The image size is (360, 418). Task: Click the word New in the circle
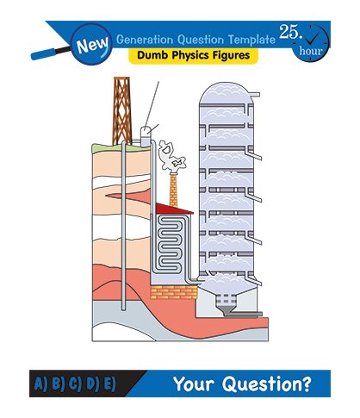(92, 45)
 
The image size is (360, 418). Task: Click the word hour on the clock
(311, 51)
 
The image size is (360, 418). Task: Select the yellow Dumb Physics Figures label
(193, 55)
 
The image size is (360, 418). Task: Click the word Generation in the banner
(145, 40)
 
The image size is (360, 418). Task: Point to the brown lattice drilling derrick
(121, 110)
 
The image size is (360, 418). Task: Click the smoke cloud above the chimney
(171, 156)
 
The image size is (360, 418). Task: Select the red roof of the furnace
(173, 209)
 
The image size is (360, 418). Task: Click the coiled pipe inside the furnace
(171, 245)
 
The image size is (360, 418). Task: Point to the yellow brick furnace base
(174, 292)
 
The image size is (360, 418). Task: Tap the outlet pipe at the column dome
(255, 94)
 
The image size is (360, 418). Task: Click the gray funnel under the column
(227, 310)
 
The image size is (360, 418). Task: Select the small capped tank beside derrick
(146, 136)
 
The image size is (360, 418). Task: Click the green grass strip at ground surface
(121, 148)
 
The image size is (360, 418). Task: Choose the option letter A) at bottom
(40, 384)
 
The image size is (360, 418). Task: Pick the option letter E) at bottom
(109, 384)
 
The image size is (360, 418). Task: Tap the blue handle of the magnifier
(43, 53)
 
